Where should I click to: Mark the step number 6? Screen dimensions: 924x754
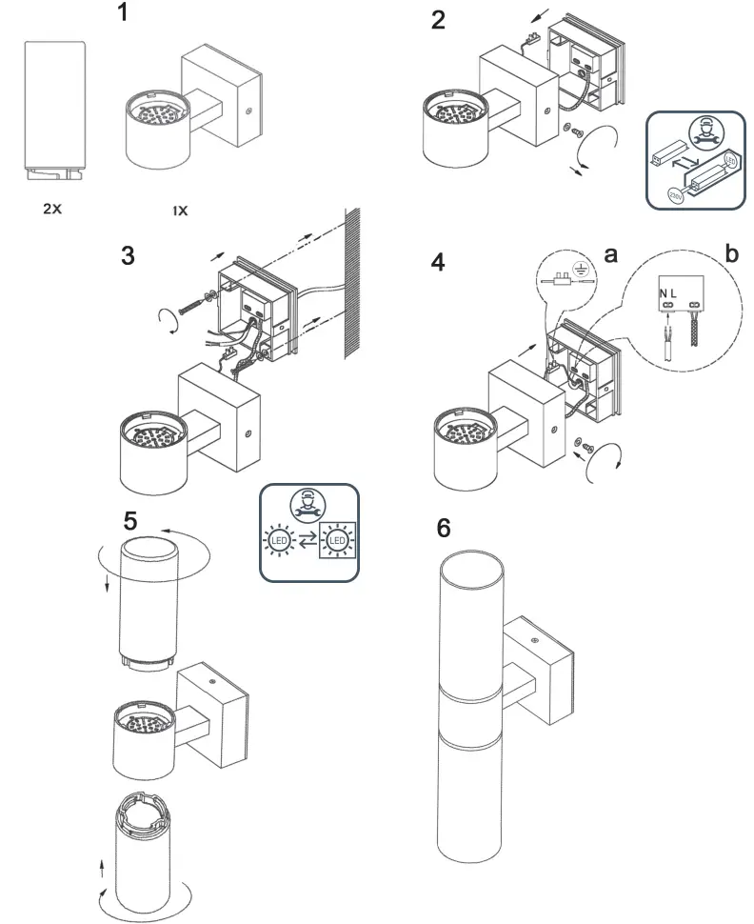[x=444, y=529]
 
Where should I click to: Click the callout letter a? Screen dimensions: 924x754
[x=611, y=253]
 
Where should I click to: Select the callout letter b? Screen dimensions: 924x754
[x=731, y=253]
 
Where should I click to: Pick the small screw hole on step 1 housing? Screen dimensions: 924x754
[x=248, y=111]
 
